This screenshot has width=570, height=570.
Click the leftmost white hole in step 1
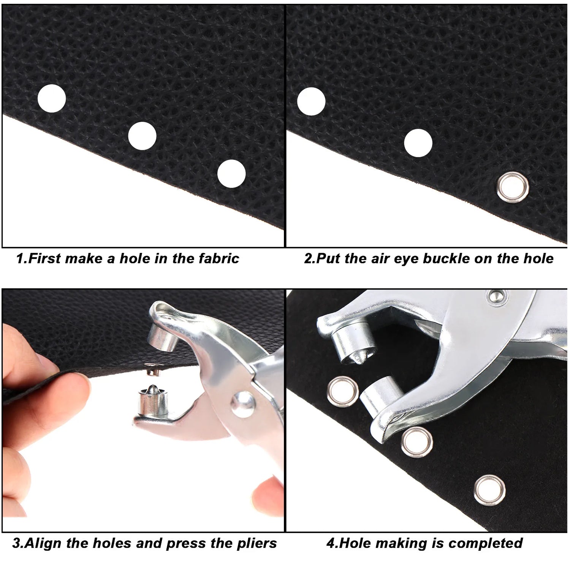(x=52, y=98)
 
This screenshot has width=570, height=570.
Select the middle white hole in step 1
(x=142, y=136)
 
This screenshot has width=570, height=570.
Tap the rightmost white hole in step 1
(x=231, y=173)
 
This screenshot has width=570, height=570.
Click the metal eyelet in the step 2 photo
(x=513, y=187)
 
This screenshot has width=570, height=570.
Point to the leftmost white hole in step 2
(x=311, y=101)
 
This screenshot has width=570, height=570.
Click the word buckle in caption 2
(x=444, y=259)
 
